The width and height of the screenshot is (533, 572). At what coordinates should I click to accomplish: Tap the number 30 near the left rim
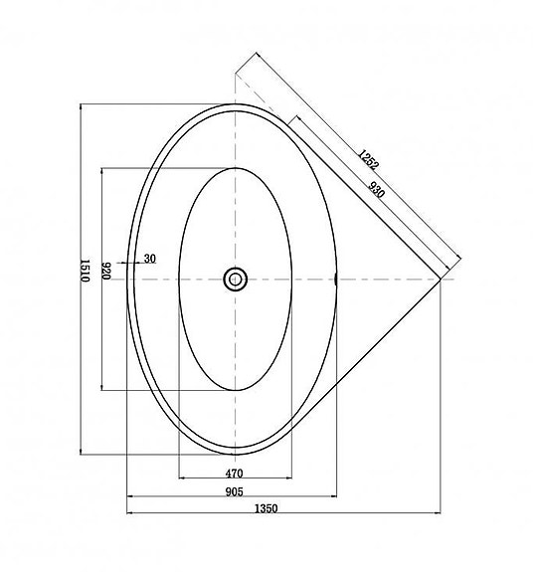[149, 259]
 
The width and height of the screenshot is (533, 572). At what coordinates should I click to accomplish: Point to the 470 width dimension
[236, 473]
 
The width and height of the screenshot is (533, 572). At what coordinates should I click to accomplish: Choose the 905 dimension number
[236, 490]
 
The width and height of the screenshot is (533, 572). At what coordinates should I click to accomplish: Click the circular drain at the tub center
[236, 279]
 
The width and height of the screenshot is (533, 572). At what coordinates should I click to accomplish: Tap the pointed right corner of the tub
[441, 279]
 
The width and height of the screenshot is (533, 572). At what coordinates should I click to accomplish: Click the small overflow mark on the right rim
[339, 280]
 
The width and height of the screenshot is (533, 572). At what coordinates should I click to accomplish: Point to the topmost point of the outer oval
[236, 102]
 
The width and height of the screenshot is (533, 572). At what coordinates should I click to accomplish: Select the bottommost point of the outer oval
[236, 455]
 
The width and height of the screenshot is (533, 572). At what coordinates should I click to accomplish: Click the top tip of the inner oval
[236, 167]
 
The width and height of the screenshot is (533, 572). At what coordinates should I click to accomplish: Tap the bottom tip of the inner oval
[236, 390]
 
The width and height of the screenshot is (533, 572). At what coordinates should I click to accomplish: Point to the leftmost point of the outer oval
[129, 279]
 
